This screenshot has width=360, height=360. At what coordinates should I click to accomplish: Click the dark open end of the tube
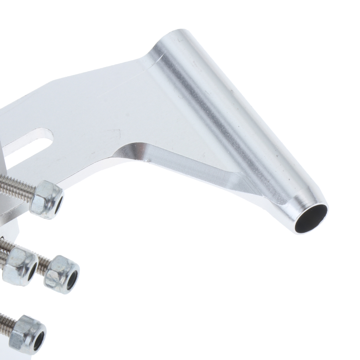pyautogui.click(x=311, y=218)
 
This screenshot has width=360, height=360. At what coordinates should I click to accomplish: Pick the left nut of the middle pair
pyautogui.click(x=19, y=265)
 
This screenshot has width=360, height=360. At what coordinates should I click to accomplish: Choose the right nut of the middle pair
pyautogui.click(x=62, y=274)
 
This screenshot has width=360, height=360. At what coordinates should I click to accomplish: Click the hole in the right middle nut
pyautogui.click(x=72, y=280)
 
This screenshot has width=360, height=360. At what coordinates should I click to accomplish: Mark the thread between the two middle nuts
pyautogui.click(x=42, y=264)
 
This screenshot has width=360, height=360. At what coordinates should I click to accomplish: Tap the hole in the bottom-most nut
pyautogui.click(x=39, y=340)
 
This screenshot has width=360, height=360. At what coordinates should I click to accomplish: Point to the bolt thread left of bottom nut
pyautogui.click(x=6, y=322)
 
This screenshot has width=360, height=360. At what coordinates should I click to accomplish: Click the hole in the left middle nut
pyautogui.click(x=32, y=271)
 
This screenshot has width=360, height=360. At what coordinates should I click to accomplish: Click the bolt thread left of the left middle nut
pyautogui.click(x=3, y=246)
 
